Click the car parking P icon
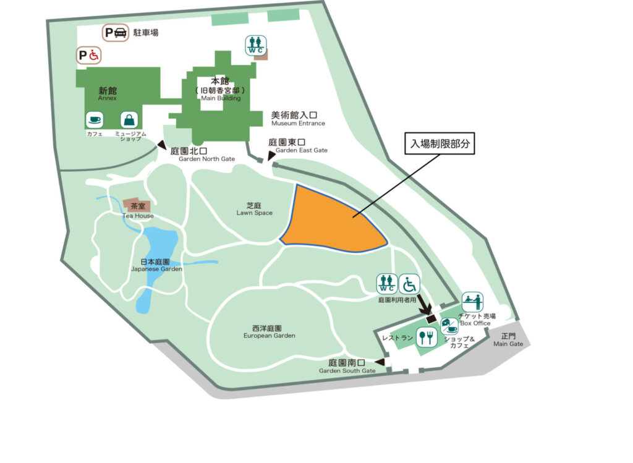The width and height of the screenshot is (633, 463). point(116,33)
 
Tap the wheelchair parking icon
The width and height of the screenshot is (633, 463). point(88,56)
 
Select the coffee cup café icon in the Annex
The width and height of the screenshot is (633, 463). point(95,120)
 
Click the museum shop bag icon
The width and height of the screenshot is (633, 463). point(129,120)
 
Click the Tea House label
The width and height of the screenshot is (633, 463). point(137,216)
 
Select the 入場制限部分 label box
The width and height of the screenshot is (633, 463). point(440,143)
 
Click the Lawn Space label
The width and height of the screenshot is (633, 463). point(255,209)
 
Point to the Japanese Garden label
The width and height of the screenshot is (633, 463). point(156,265)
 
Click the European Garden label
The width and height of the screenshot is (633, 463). point(269,331)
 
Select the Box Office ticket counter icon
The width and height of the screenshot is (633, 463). point(472,302)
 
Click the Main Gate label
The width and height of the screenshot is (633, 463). point(508,340)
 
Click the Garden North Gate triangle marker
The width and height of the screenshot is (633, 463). point(163,146)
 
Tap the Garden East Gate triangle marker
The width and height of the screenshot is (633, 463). point(271,157)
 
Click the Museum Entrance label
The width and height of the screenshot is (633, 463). point(298,119)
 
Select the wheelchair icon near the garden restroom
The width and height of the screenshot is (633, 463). point(409,284)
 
